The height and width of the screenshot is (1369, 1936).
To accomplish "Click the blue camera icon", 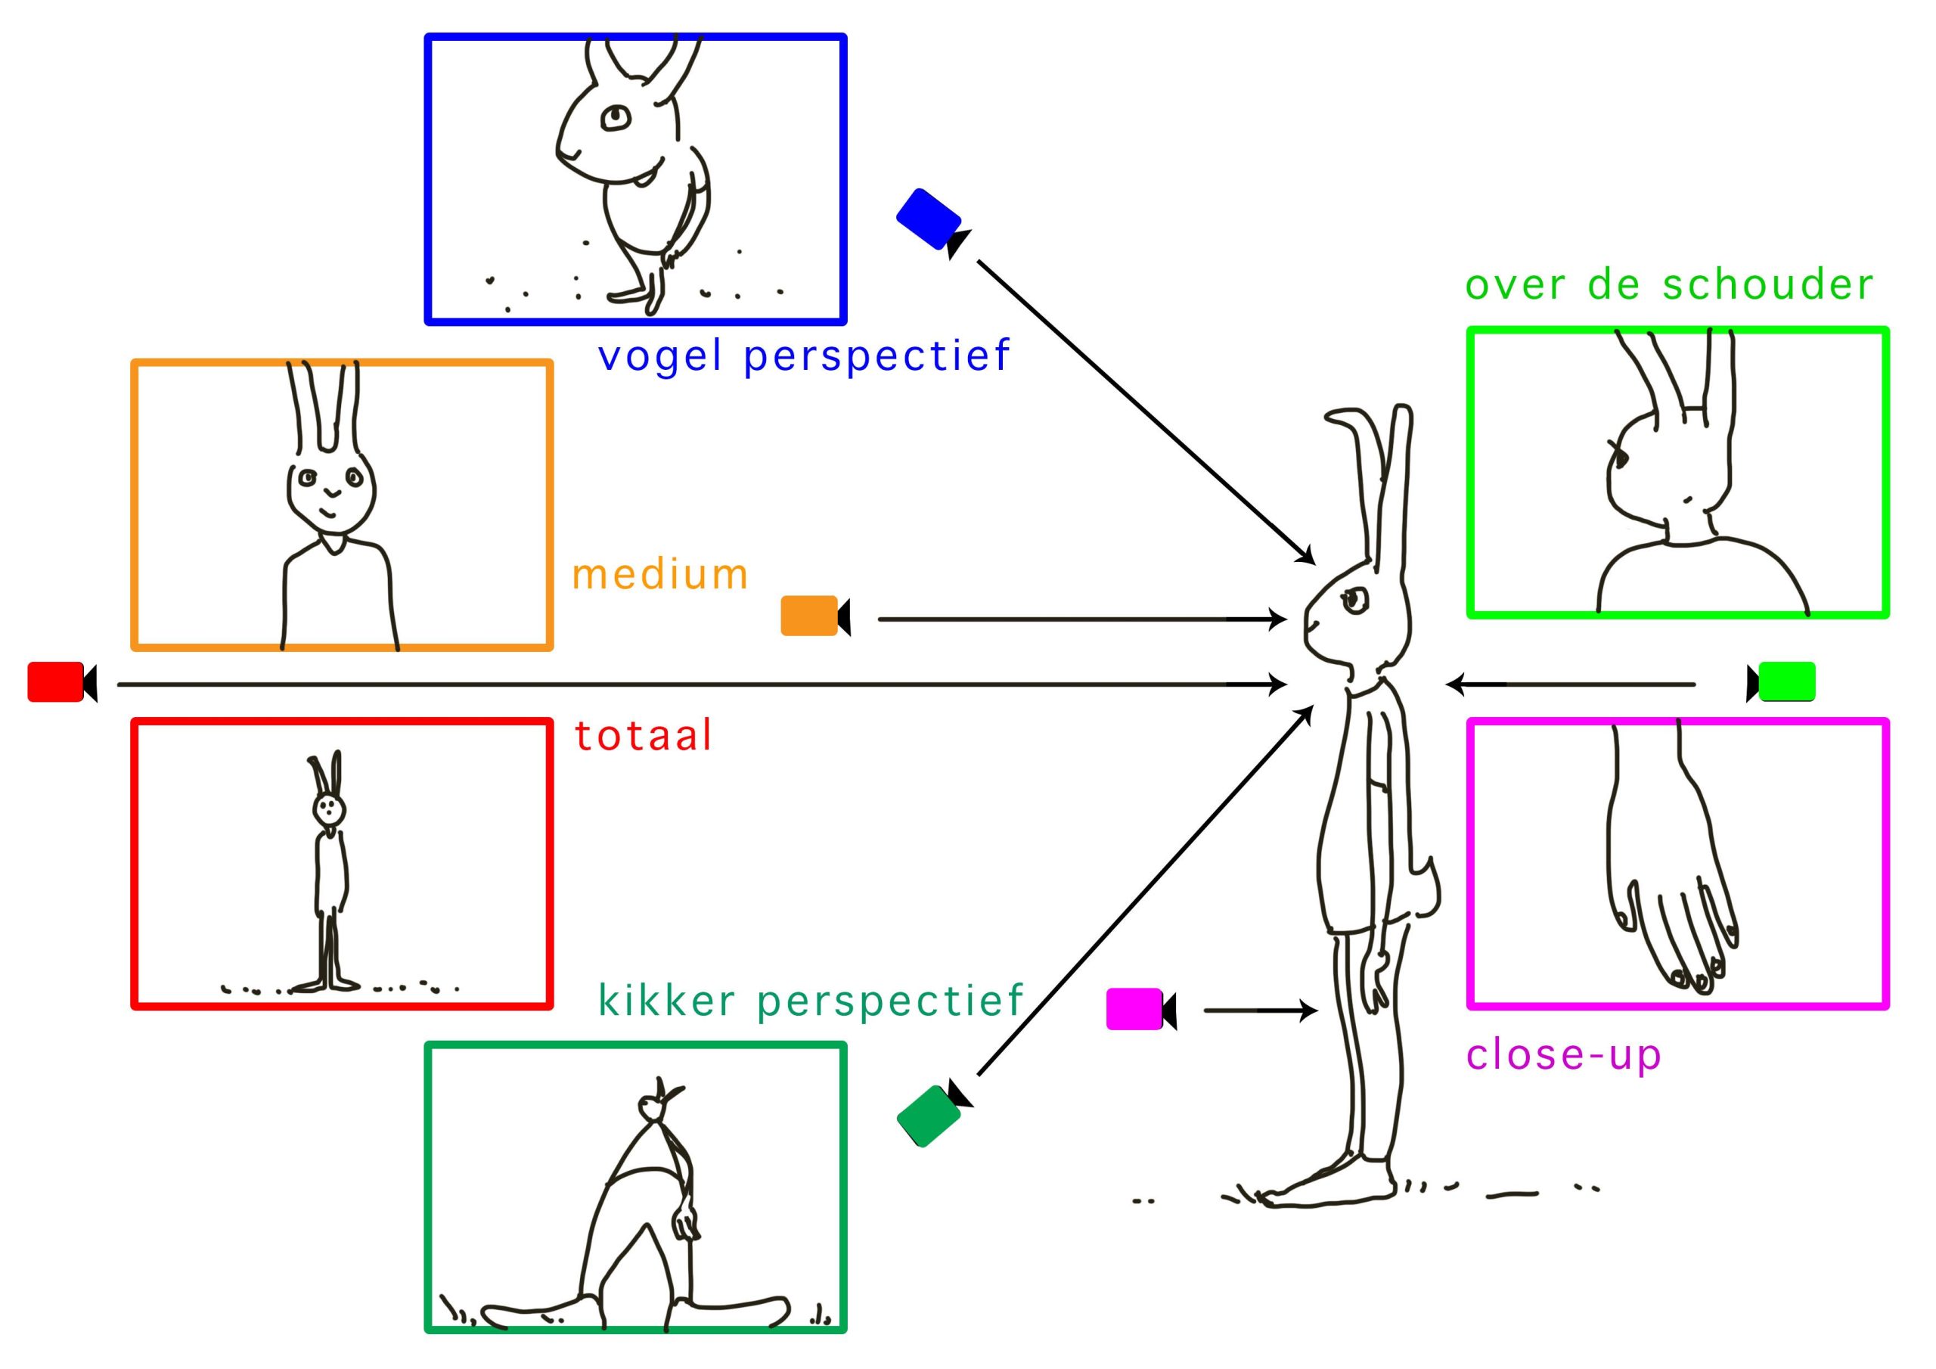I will coord(929,219).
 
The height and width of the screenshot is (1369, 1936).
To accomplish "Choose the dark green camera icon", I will coord(929,1115).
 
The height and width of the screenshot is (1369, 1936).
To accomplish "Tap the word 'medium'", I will coord(660,576).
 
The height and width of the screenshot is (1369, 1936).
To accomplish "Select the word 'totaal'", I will coord(644,735).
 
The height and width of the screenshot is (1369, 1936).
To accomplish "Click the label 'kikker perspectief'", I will coord(810,1001).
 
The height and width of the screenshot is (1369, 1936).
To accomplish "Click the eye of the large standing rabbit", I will coord(1355,600).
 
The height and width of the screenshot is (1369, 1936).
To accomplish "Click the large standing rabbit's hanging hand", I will coord(1378,979).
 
